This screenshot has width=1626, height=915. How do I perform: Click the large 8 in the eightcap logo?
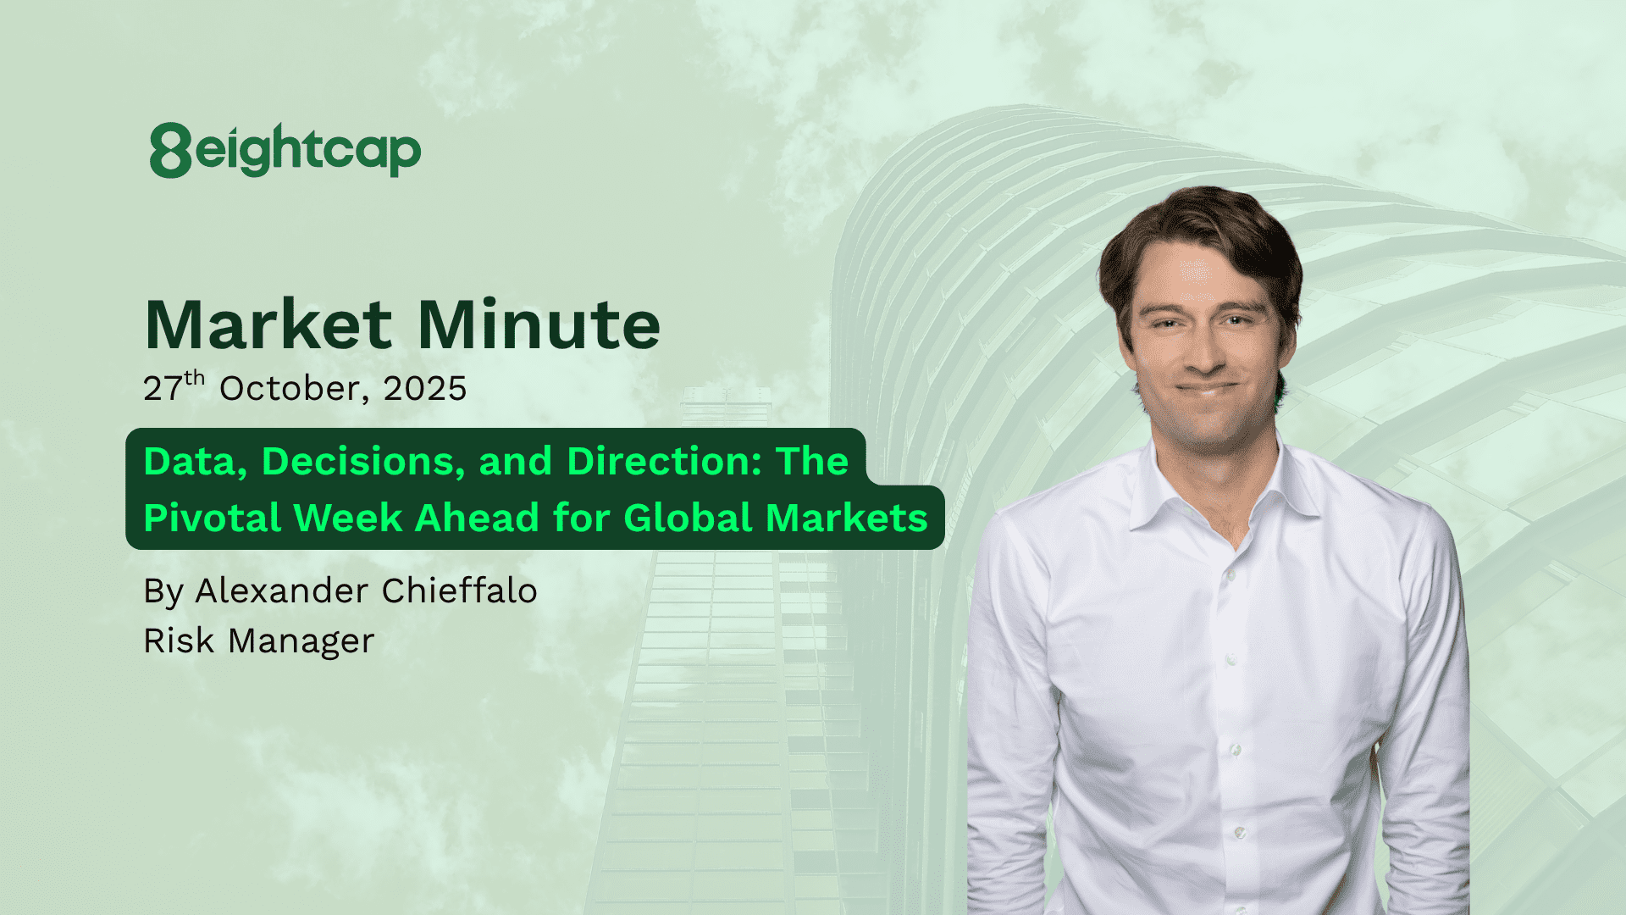pyautogui.click(x=171, y=150)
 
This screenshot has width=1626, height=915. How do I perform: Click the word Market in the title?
pyautogui.click(x=268, y=324)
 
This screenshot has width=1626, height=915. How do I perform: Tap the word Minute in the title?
pyautogui.click(x=539, y=324)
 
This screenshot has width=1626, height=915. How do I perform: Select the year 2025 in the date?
pyautogui.click(x=425, y=389)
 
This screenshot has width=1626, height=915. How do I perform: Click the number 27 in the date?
pyautogui.click(x=163, y=389)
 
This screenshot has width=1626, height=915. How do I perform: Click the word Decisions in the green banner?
pyautogui.click(x=365, y=462)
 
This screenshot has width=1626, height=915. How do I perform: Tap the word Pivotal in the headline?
pyautogui.click(x=213, y=518)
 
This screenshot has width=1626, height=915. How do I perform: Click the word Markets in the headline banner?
pyautogui.click(x=847, y=518)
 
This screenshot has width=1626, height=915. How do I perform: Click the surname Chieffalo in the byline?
pyautogui.click(x=460, y=591)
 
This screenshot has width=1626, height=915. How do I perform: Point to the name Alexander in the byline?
pyautogui.click(x=282, y=591)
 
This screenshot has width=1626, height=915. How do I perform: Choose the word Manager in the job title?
pyautogui.click(x=301, y=641)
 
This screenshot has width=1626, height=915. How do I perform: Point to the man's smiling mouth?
pyautogui.click(x=1205, y=390)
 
